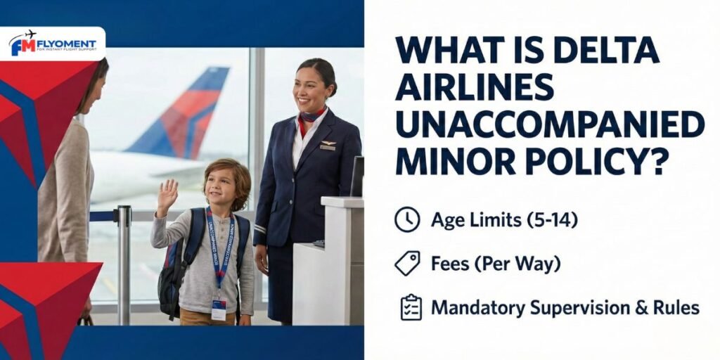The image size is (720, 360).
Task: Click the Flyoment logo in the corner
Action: (53, 44)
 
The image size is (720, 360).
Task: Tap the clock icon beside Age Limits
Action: (407, 220)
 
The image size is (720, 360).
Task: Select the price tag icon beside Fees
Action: (407, 264)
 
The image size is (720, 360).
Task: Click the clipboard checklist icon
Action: (411, 308)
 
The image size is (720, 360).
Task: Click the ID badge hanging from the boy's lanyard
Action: (219, 308)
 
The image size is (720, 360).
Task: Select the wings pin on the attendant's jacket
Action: (328, 146)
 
